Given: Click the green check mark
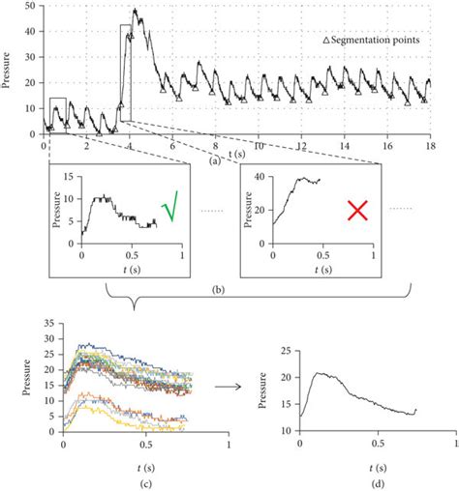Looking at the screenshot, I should pos(171,207).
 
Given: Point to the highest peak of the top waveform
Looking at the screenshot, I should pos(135,11).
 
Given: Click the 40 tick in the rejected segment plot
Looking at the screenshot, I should pos(261,178).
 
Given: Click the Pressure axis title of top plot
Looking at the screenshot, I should pos(10,70).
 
